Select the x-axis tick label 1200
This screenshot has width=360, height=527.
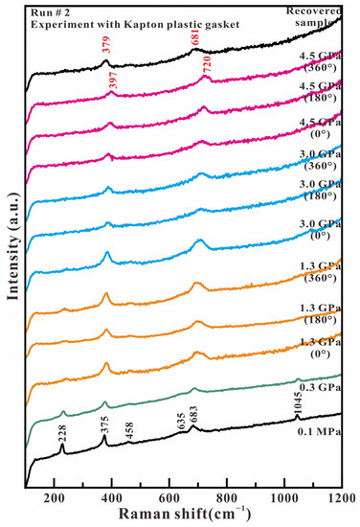click(340, 499)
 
